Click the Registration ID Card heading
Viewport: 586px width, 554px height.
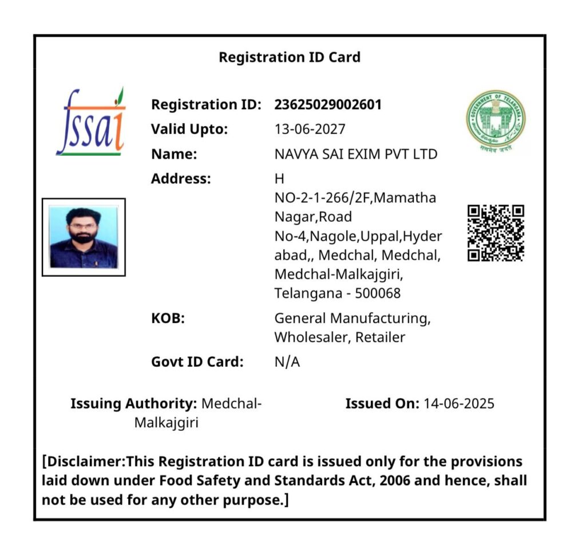(x=290, y=57)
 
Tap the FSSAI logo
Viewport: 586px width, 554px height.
(x=91, y=123)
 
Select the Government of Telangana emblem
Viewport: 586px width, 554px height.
(x=495, y=120)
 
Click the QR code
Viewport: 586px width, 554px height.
(x=496, y=233)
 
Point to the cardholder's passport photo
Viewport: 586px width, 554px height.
(x=84, y=237)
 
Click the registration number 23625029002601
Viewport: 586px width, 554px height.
(x=328, y=105)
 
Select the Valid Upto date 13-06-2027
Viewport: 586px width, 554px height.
(x=310, y=129)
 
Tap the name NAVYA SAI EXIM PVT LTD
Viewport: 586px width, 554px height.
(x=356, y=154)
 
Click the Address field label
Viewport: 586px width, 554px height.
(x=181, y=179)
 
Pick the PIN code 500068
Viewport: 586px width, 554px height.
(x=378, y=293)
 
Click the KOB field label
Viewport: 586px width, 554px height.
(x=168, y=318)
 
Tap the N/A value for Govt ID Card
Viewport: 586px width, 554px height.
(x=287, y=362)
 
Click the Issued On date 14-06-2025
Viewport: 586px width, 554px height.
(x=458, y=404)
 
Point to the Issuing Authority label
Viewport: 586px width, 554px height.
(x=133, y=404)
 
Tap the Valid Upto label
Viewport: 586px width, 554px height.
(x=189, y=129)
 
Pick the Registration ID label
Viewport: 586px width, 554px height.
(x=206, y=105)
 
